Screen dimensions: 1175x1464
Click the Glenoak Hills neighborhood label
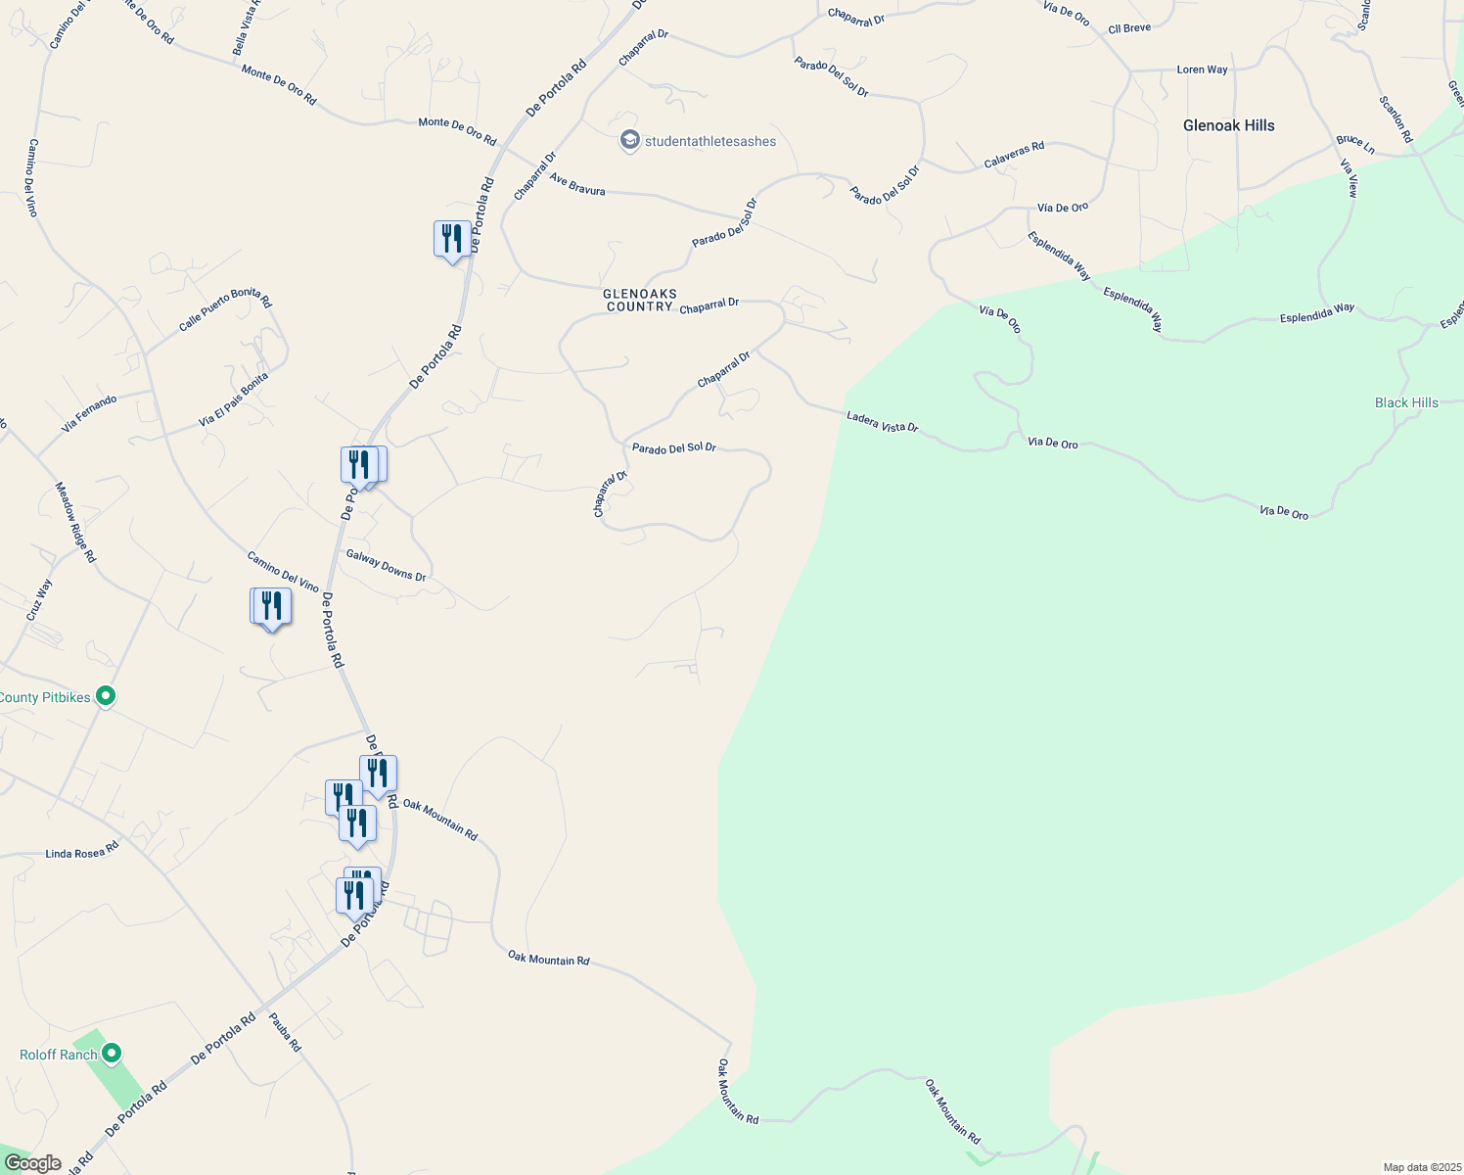click(1228, 125)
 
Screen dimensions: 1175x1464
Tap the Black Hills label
click(1406, 402)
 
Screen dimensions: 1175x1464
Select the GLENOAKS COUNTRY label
click(640, 300)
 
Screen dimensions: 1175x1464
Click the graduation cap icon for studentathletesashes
click(630, 141)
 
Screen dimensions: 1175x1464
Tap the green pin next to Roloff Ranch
click(112, 1054)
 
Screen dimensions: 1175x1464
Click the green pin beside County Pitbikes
click(107, 696)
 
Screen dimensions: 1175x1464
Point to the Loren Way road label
click(1202, 70)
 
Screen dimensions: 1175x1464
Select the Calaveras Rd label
click(1014, 155)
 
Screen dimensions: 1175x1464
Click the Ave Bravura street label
click(577, 184)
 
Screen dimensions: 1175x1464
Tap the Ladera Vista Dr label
click(883, 422)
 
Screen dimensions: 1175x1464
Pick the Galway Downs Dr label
click(386, 565)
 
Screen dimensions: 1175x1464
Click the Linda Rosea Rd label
click(82, 854)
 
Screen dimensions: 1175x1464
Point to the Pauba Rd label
click(285, 1032)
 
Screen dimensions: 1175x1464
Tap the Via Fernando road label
click(89, 414)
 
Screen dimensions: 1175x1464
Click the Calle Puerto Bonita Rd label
click(225, 310)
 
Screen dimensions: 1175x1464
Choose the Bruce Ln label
click(1355, 144)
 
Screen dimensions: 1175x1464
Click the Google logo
click(32, 1163)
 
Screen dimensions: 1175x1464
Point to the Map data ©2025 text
click(1420, 1167)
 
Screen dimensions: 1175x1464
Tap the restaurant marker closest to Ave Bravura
click(451, 239)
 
